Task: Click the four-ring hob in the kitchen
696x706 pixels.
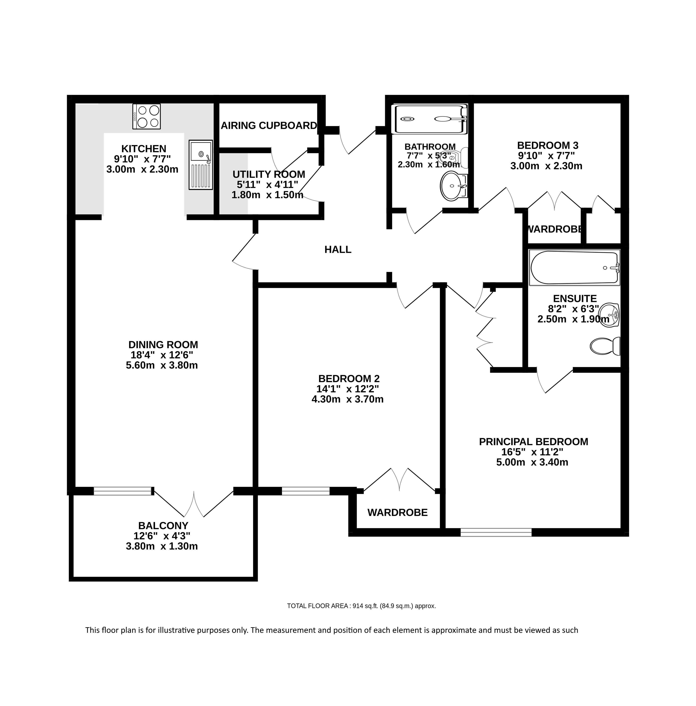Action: [x=146, y=116]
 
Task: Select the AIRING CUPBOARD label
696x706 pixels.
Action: [x=269, y=126]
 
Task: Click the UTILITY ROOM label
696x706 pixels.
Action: [x=269, y=174]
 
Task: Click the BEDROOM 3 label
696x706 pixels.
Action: [x=548, y=145]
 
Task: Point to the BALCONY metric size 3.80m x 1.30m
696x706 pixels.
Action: [x=162, y=546]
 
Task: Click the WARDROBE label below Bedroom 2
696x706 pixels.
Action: [x=397, y=512]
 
